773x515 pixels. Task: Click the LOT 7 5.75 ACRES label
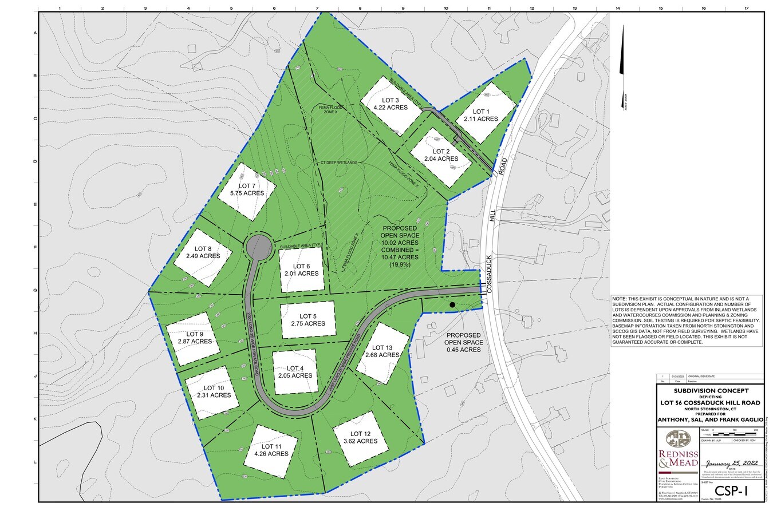coord(247,189)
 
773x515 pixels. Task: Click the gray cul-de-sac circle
coord(258,247)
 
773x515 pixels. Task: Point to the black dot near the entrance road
coord(452,305)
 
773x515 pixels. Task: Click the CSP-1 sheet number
coord(731,491)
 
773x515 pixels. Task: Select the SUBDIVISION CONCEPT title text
coord(711,390)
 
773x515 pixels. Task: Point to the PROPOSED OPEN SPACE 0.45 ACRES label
coord(464,342)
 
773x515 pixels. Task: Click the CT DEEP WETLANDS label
coord(339,163)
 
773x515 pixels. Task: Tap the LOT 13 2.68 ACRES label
coord(382,351)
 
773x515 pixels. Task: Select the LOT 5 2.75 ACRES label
coord(307,320)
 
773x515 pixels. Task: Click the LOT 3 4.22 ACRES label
coord(391,103)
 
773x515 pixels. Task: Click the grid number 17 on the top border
coord(746,9)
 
